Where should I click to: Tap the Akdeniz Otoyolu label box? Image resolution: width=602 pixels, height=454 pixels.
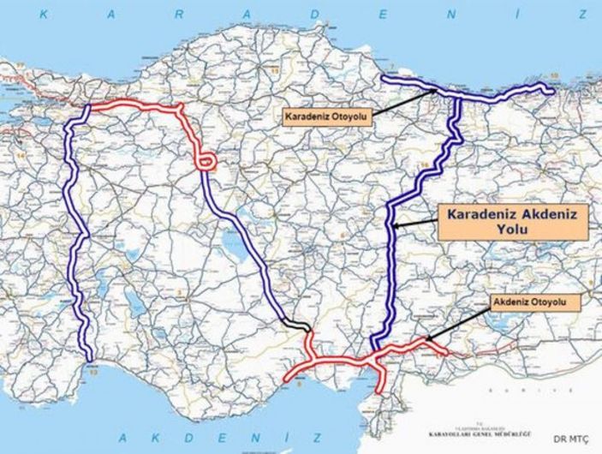click(535, 302)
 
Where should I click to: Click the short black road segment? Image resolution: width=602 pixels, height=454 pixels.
click(296, 325)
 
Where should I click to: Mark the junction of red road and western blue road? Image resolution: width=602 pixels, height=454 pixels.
click(91, 108)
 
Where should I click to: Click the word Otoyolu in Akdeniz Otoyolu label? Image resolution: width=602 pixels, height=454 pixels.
click(555, 302)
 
